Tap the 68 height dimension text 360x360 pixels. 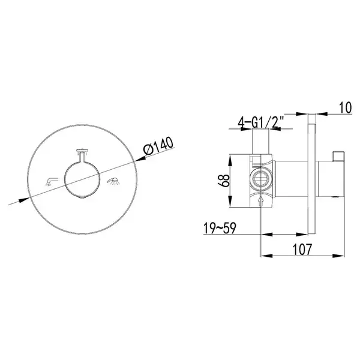click(x=224, y=181)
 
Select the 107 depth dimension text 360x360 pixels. click(x=302, y=249)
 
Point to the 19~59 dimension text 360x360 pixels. click(x=220, y=228)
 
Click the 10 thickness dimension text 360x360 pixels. click(x=345, y=107)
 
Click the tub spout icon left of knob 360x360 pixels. click(x=51, y=181)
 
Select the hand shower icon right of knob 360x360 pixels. click(x=113, y=181)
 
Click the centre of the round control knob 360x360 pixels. click(x=82, y=179)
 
